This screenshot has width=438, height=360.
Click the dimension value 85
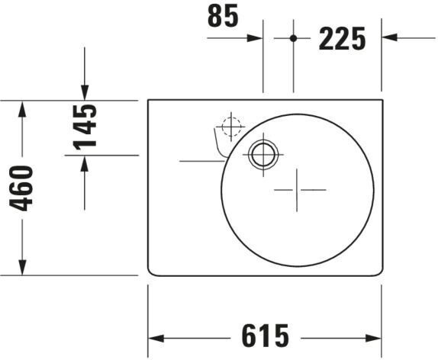223,16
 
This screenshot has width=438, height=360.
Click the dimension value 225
342,39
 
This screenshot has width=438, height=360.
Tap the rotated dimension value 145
85,127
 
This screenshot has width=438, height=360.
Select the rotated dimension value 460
21,188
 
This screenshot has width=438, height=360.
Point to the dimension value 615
265,336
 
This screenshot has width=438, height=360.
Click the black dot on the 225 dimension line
293,38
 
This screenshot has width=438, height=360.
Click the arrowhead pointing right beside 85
255,38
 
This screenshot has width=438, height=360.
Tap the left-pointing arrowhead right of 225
390,37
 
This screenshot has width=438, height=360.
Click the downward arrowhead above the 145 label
85,92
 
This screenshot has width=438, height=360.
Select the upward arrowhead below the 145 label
85,163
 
